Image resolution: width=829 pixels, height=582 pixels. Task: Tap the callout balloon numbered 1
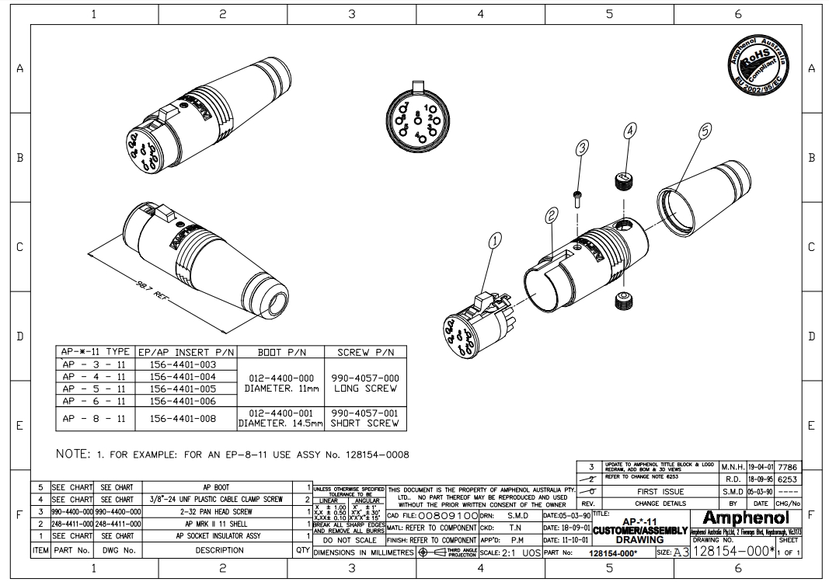pos(495,242)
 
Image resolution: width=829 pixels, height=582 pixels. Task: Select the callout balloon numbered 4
pos(629,132)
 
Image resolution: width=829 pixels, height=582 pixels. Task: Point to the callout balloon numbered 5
pos(705,132)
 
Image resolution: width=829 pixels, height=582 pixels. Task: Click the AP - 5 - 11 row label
pos(96,389)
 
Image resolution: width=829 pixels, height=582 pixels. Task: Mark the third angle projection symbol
pos(432,552)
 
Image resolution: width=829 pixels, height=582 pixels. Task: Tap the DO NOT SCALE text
pos(348,540)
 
